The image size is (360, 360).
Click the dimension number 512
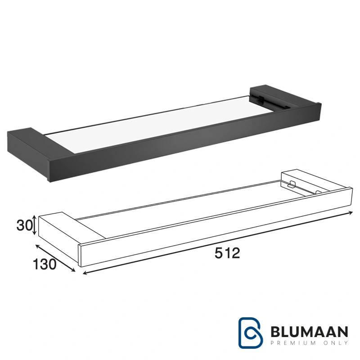coord(227,253)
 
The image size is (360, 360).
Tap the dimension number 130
coord(45,264)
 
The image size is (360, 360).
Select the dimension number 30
coord(24,225)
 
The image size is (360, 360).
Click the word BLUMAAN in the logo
coord(309,332)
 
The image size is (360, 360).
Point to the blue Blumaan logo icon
coord(251,333)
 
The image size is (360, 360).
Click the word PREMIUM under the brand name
coord(295,343)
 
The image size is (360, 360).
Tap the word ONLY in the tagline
coord(336,343)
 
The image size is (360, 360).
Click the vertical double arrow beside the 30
coord(34,225)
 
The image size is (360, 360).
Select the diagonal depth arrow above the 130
coord(55,258)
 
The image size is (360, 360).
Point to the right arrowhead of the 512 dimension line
coord(351,213)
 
